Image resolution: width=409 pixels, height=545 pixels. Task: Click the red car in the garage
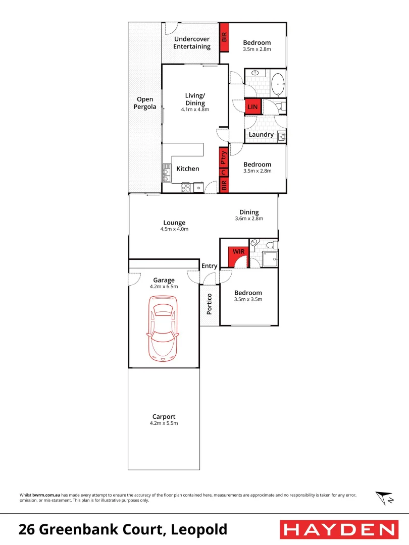[x=163, y=328]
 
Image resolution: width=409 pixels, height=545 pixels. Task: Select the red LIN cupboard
[x=252, y=107]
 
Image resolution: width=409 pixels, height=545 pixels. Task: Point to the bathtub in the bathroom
[x=278, y=84]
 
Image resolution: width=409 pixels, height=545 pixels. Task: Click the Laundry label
[x=261, y=135]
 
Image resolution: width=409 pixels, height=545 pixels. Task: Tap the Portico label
[x=210, y=304]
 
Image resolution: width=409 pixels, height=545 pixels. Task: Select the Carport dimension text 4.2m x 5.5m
[x=164, y=423]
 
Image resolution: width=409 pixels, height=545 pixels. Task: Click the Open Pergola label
[x=145, y=103]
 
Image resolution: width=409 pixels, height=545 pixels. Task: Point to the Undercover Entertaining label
[x=192, y=43]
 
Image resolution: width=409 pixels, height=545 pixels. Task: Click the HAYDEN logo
[x=338, y=529]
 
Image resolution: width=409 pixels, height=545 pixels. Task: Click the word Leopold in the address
[x=199, y=530]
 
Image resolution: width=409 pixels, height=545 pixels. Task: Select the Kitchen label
[x=188, y=169]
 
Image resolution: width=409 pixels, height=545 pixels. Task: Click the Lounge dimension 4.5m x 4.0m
[x=174, y=229]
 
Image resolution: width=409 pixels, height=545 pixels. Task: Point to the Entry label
[x=209, y=266]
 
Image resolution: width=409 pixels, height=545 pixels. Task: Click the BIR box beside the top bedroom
[x=224, y=37]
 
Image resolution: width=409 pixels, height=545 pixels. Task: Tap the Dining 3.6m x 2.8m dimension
[x=249, y=219]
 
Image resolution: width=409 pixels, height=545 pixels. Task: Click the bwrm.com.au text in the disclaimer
[x=46, y=495]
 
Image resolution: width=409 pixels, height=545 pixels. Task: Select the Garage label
[x=164, y=280]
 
